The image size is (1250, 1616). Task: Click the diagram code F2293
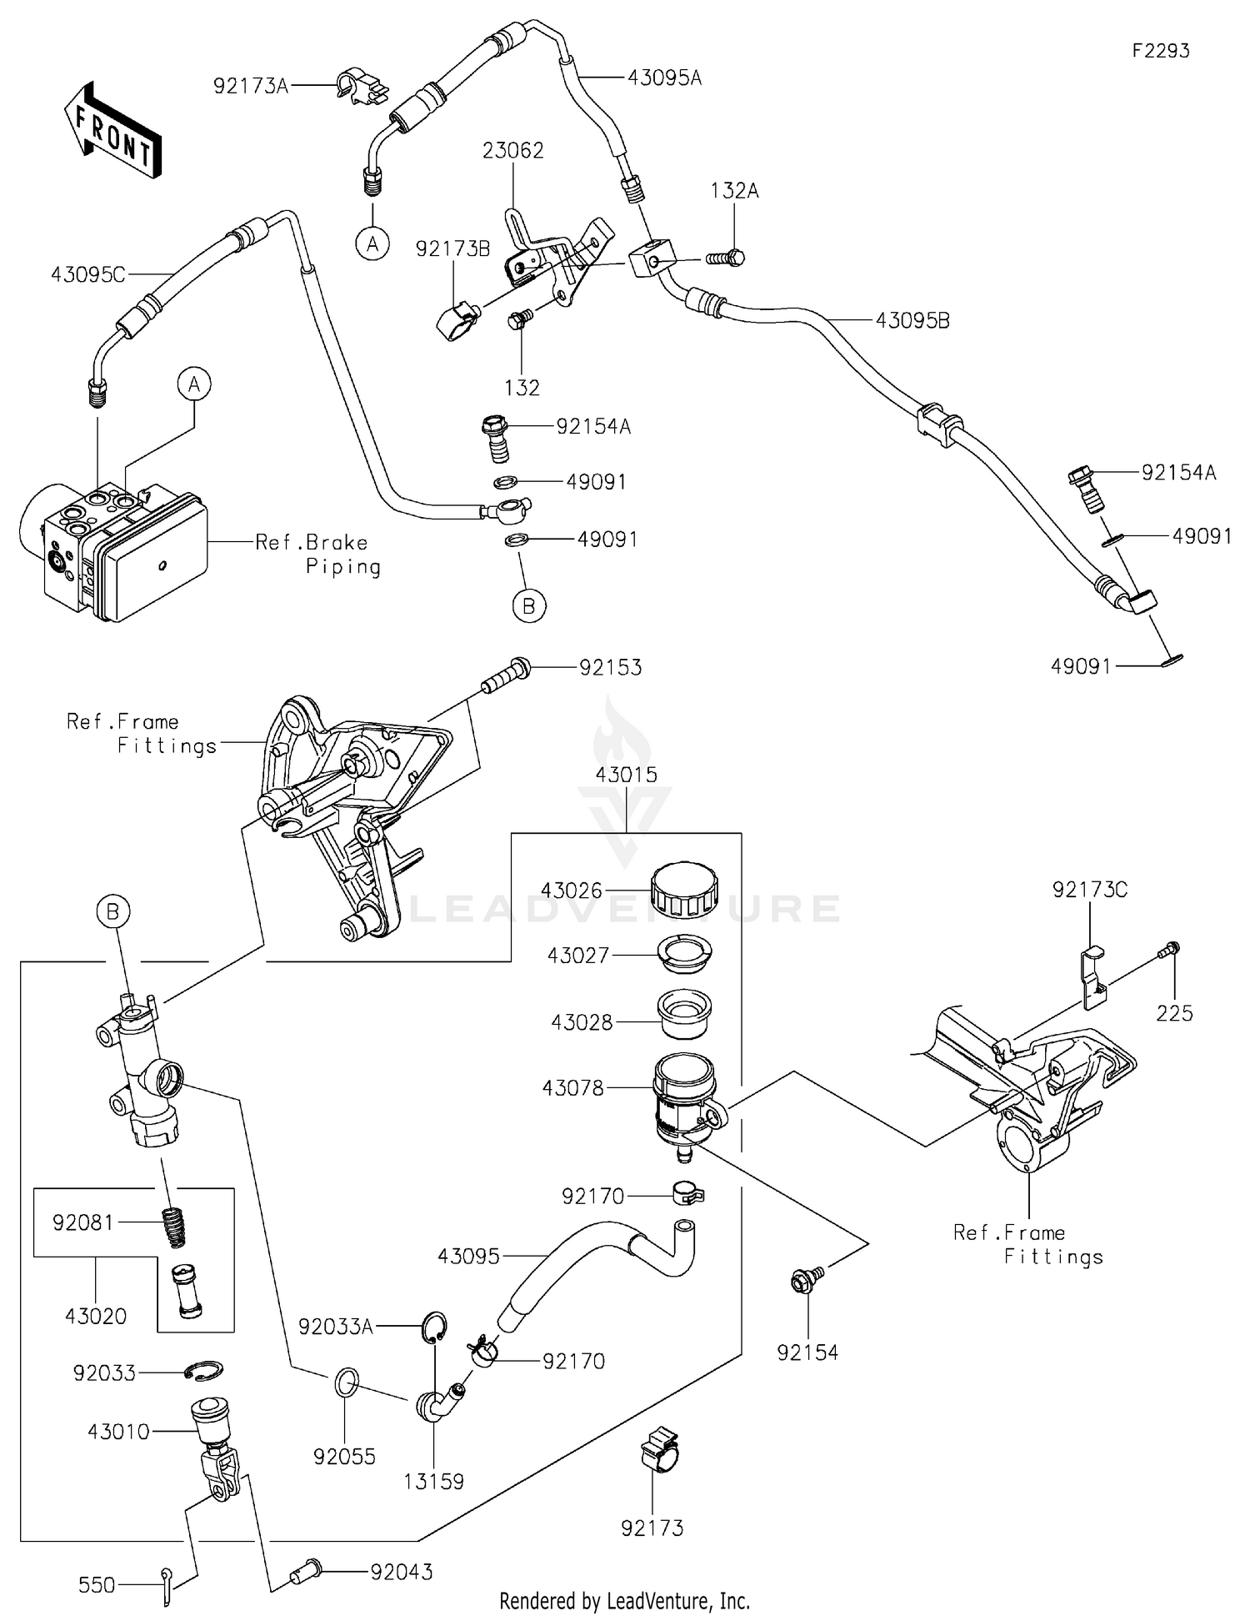[1161, 51]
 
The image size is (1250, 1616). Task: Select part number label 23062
[512, 150]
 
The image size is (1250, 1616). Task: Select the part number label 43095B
[912, 320]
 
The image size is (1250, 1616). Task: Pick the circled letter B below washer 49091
[528, 605]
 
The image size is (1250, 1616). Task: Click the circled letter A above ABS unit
[194, 384]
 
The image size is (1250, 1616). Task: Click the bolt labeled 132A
[727, 258]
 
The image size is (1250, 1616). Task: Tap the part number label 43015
[626, 774]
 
